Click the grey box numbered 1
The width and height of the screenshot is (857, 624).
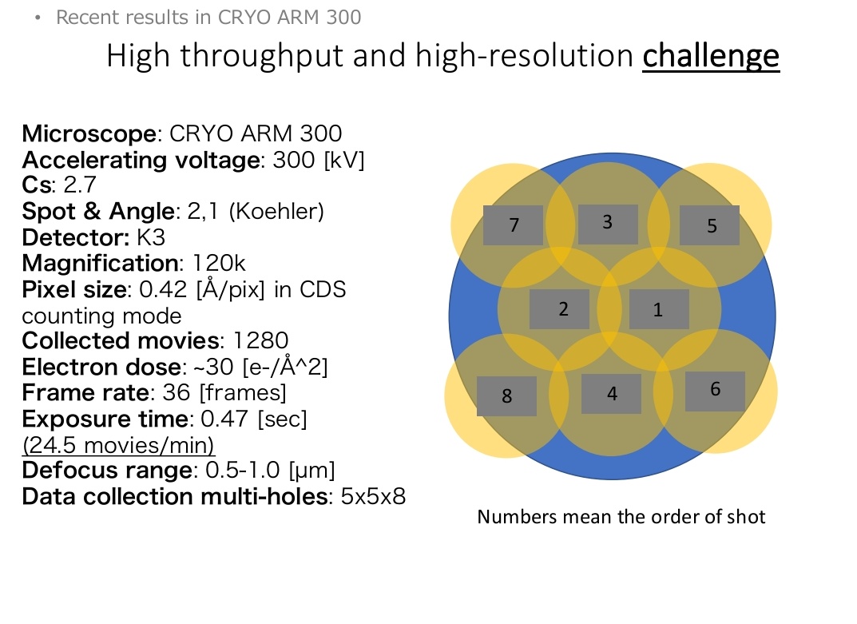(x=659, y=309)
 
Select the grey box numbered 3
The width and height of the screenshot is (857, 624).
(x=608, y=225)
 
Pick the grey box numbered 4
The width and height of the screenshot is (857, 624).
(x=611, y=394)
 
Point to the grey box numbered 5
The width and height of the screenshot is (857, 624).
(x=709, y=226)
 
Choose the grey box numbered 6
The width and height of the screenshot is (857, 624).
(x=715, y=391)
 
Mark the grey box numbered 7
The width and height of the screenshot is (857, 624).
(x=513, y=225)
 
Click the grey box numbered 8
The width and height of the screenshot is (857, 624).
(x=506, y=395)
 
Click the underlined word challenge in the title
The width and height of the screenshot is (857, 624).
(x=711, y=56)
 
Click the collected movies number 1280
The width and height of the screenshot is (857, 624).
(x=260, y=341)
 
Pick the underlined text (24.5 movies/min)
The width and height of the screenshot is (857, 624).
(x=118, y=444)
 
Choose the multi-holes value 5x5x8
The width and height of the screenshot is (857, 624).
(x=373, y=497)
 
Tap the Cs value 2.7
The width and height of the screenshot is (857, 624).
(x=79, y=185)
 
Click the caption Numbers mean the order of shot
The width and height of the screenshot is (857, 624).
(x=621, y=517)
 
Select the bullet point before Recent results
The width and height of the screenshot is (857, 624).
(x=37, y=18)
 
